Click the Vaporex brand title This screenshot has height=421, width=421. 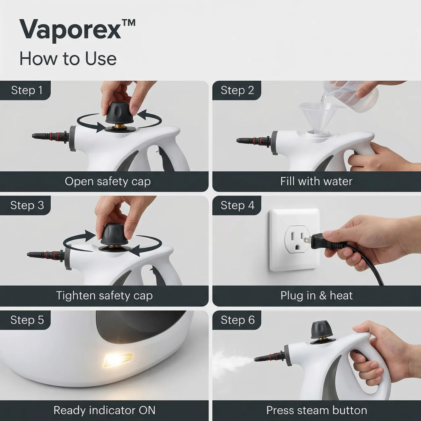[x=77, y=30]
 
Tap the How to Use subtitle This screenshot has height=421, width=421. [x=68, y=59]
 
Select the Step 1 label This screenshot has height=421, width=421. [x=27, y=90]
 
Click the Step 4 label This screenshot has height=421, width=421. [x=237, y=205]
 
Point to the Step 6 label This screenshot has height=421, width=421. [x=237, y=320]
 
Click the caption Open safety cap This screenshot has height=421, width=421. [x=108, y=181]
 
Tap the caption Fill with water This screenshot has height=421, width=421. [x=316, y=181]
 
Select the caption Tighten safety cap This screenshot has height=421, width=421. [x=104, y=295]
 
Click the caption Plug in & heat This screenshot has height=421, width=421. [x=316, y=295]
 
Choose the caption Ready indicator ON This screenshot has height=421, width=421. [x=104, y=410]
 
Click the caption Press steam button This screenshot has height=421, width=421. [x=316, y=410]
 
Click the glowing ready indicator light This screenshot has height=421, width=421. [x=118, y=360]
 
